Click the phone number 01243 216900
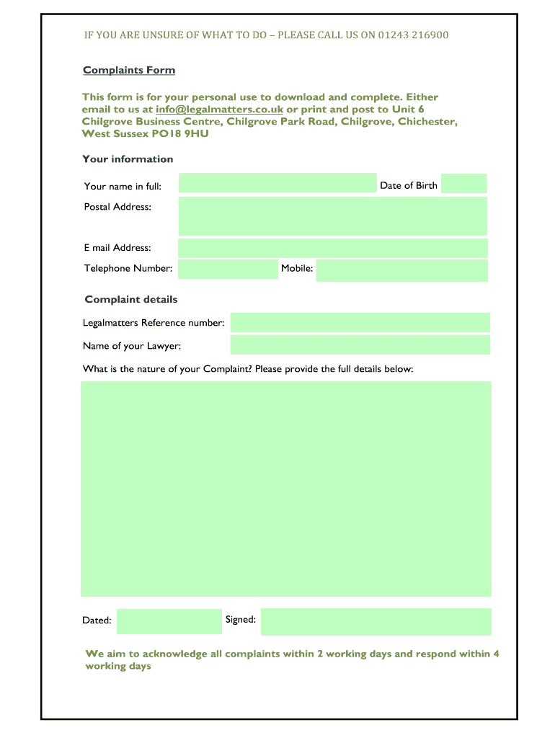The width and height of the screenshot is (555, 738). [413, 35]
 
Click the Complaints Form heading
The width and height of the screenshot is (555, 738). [129, 70]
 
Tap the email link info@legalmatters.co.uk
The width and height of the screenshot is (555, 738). [219, 110]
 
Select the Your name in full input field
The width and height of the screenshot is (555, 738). [277, 184]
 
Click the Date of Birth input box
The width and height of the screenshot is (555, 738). [463, 184]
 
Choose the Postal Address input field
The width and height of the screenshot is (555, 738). [332, 216]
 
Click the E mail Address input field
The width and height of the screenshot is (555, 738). [332, 248]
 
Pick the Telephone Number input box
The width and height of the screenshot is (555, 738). [228, 270]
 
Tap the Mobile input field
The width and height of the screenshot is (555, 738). [401, 270]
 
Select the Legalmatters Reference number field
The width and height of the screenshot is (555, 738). [360, 322]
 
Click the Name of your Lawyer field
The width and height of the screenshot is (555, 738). [360, 344]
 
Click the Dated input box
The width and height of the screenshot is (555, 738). [169, 621]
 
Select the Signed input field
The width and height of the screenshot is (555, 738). [376, 621]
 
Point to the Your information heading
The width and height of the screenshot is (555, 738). [128, 159]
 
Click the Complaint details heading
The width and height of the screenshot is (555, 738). [130, 299]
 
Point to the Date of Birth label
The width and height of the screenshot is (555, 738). [408, 185]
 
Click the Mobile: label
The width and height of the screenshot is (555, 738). [297, 268]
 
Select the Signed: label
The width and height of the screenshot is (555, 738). [240, 619]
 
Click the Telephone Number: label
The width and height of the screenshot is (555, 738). [128, 268]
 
